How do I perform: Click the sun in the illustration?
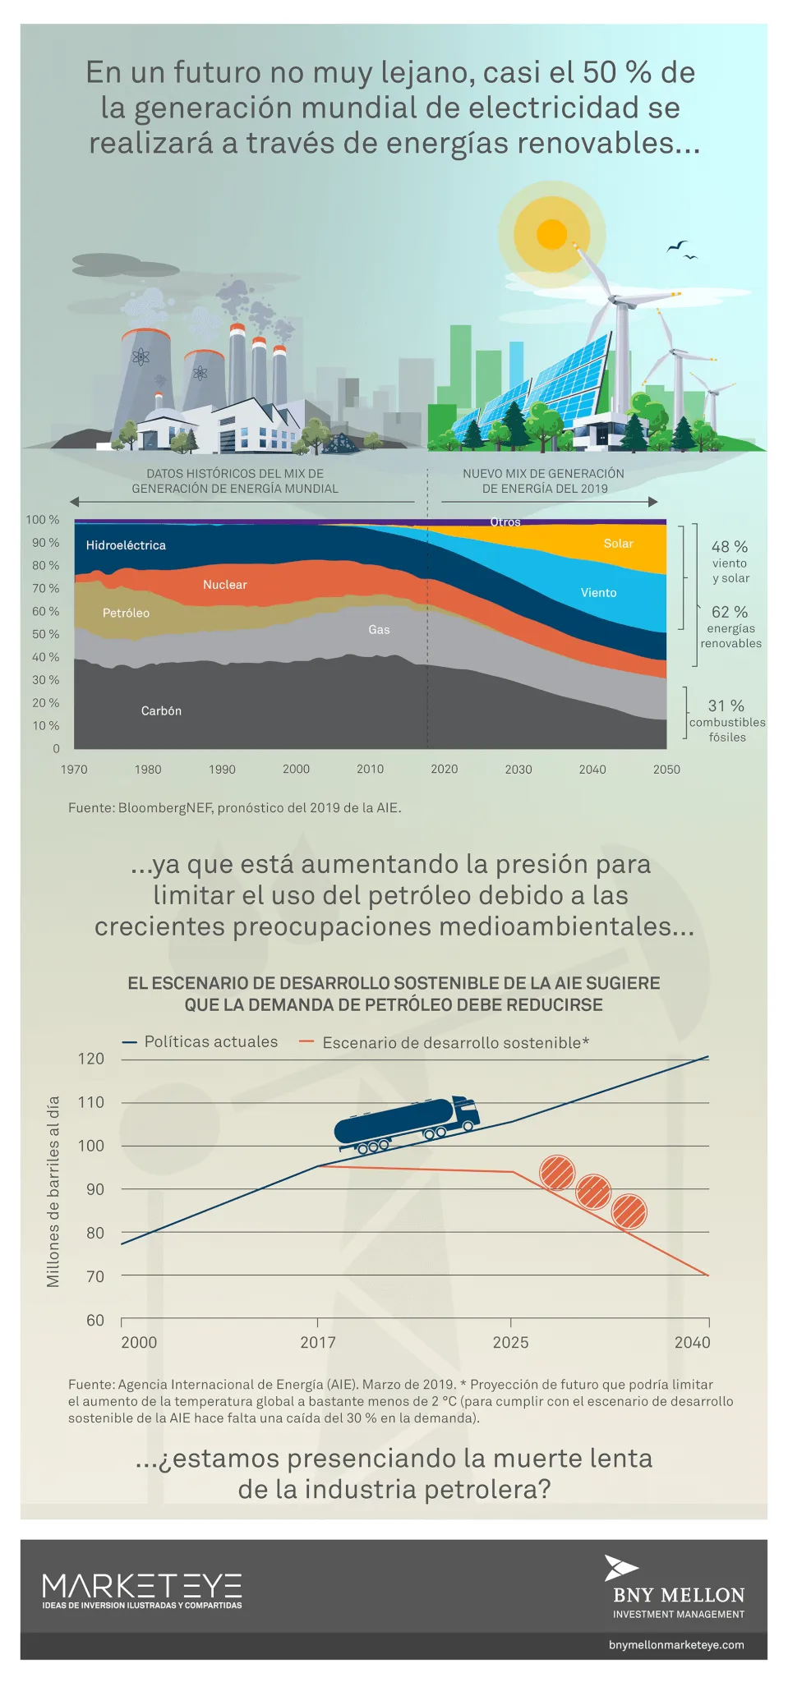tap(552, 234)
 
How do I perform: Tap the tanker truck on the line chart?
tap(408, 1122)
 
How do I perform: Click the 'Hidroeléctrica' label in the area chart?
tap(126, 545)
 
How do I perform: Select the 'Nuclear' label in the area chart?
tap(224, 585)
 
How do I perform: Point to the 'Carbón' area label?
tap(161, 711)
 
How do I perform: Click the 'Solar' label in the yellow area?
tap(618, 544)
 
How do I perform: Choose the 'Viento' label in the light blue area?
tap(598, 593)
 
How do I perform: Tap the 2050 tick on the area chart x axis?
tap(666, 770)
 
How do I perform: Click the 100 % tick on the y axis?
tap(43, 520)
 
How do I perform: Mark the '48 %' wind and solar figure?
tap(730, 547)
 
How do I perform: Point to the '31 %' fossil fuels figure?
tap(726, 706)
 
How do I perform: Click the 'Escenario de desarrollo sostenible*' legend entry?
tap(455, 1043)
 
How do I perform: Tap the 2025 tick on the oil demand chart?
tap(510, 1343)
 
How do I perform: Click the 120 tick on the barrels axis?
tap(91, 1059)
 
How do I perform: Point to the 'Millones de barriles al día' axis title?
tap(53, 1192)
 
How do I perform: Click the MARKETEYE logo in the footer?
tap(142, 1590)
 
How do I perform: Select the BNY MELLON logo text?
tap(679, 1595)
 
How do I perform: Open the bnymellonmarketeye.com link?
tap(676, 1645)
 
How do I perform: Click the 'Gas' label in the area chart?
tap(379, 630)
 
